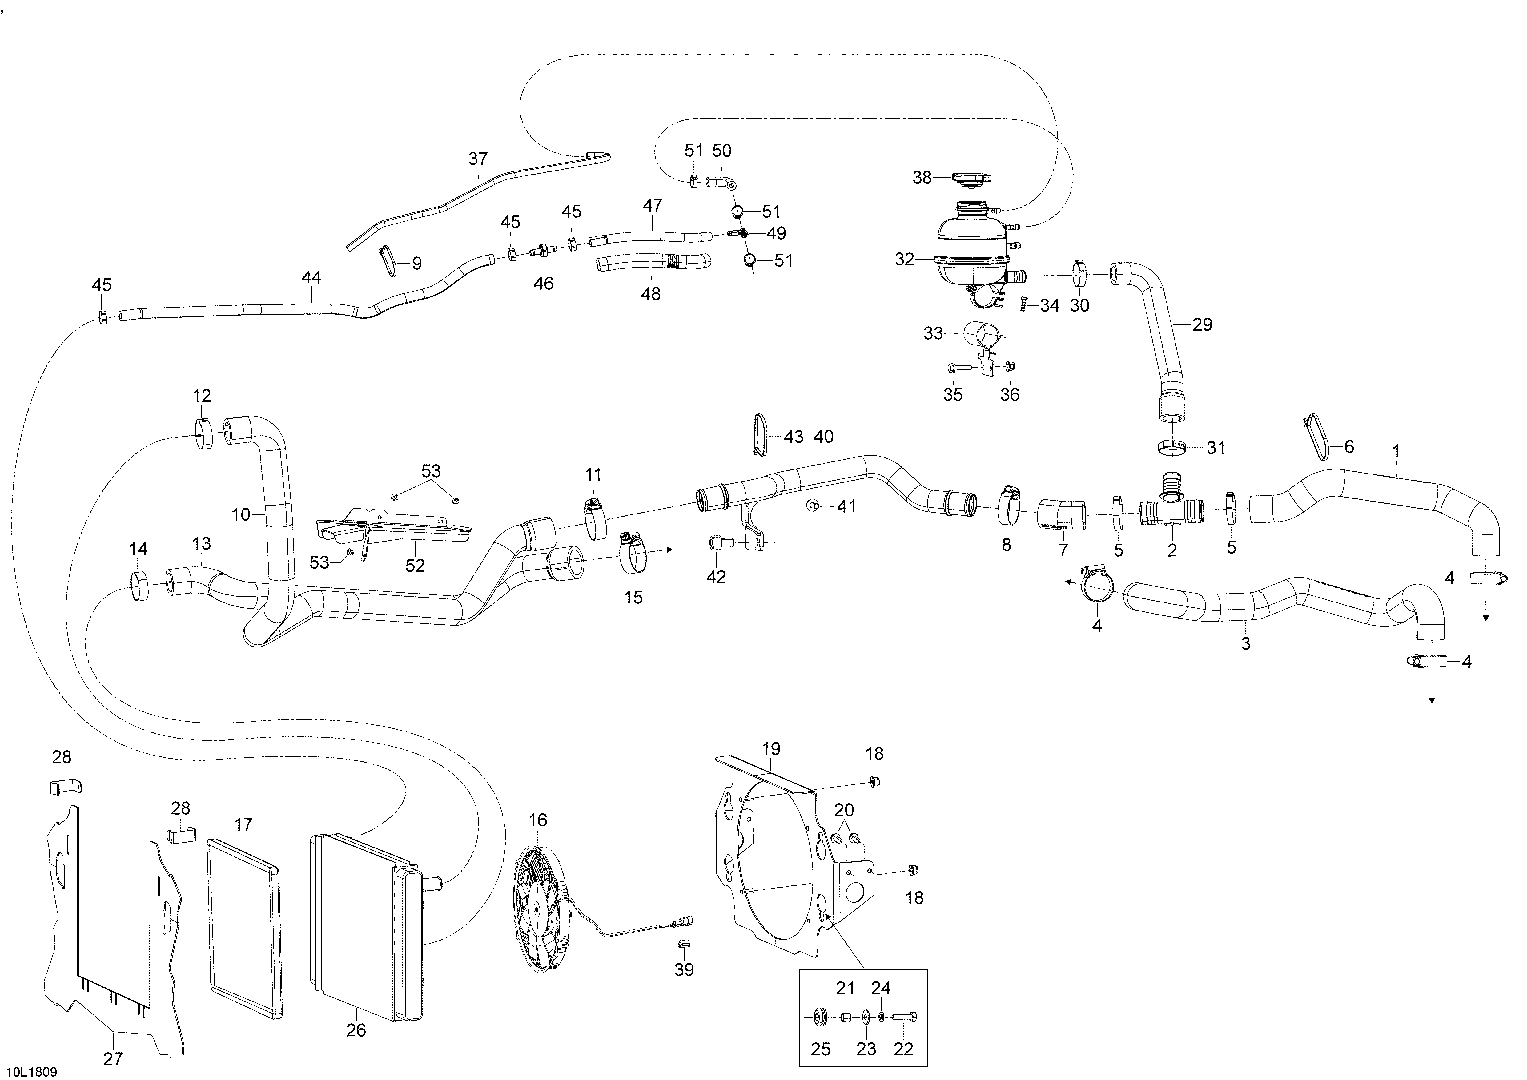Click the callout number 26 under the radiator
click(x=356, y=1030)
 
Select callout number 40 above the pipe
click(x=823, y=437)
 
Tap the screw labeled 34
click(x=1024, y=304)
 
